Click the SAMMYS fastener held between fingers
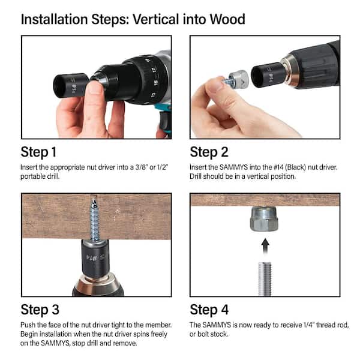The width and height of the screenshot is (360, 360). tap(236, 79)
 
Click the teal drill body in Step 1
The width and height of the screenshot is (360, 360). tap(163, 120)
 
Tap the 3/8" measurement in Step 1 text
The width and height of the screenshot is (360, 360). tap(140, 166)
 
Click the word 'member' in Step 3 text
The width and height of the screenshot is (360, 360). tap(158, 325)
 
